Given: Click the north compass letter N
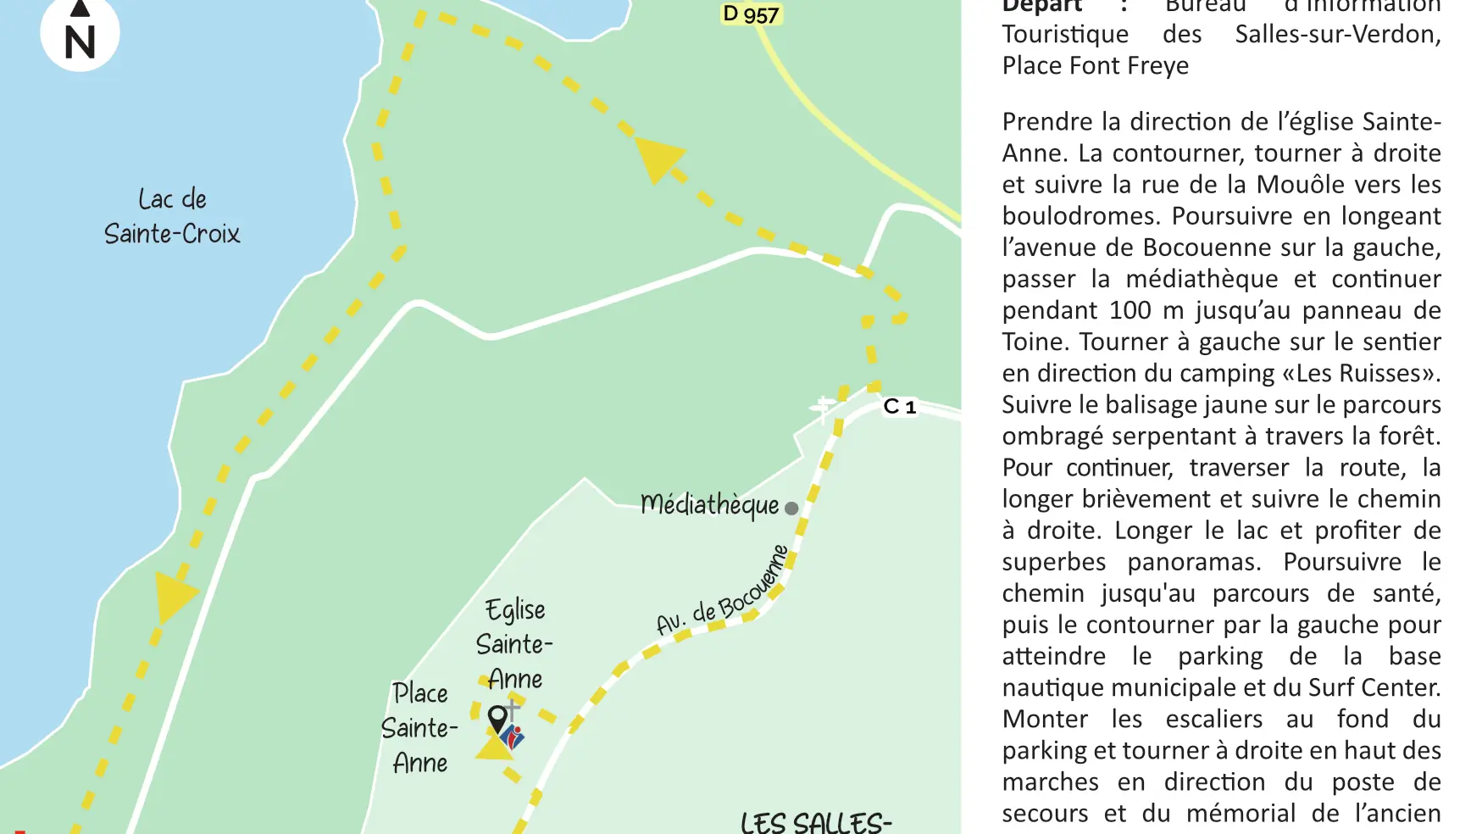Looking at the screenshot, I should [x=80, y=42].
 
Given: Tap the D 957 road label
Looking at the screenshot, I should [x=750, y=14].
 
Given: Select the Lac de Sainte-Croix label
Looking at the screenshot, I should [x=172, y=216].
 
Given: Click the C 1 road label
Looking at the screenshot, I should [x=900, y=407].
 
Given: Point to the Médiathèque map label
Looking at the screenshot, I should [x=709, y=504].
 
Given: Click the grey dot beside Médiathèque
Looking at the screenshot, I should [x=791, y=509].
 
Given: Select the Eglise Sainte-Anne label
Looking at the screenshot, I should [x=514, y=644].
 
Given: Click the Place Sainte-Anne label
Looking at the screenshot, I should [x=419, y=727].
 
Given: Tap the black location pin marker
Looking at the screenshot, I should [x=498, y=719].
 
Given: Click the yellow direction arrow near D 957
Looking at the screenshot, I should [x=658, y=158].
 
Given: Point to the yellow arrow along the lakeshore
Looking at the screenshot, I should [x=174, y=596].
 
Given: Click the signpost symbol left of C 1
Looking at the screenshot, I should [x=823, y=409].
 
